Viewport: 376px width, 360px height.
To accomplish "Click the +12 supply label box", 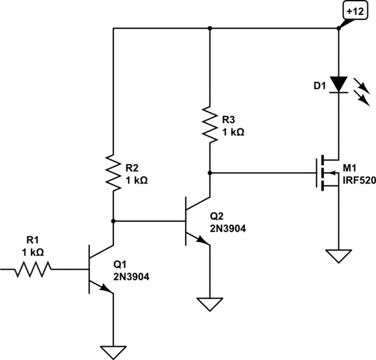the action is tap(355, 12).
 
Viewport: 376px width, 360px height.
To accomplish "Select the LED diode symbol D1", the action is tap(338, 85).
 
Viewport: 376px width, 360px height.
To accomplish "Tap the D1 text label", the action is tap(320, 86).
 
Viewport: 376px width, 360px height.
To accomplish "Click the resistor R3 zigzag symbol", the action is tap(210, 125).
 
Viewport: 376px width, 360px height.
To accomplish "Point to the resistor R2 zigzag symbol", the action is tap(113, 173).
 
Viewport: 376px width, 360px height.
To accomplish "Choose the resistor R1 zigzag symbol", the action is tap(33, 269).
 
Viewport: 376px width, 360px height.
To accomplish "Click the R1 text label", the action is tap(33, 240).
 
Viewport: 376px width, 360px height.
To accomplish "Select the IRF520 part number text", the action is tap(360, 180).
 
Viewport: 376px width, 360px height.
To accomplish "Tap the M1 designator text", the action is tap(350, 168).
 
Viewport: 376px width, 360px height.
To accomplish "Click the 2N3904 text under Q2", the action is tap(228, 229).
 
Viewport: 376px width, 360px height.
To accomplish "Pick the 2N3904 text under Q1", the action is tap(132, 277).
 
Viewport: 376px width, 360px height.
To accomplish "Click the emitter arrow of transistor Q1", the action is tap(105, 287).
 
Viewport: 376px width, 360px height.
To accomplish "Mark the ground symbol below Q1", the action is tap(113, 352).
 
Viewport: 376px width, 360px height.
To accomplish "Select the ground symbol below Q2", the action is tap(210, 304).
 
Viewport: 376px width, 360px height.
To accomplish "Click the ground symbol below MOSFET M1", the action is tap(338, 256).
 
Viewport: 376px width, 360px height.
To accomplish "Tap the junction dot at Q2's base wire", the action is tap(113, 221).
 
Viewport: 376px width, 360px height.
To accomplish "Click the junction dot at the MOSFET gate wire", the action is tap(210, 173).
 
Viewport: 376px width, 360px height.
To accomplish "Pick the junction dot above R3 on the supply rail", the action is tap(210, 28).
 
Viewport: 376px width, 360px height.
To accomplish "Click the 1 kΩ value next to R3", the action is tap(233, 132).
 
